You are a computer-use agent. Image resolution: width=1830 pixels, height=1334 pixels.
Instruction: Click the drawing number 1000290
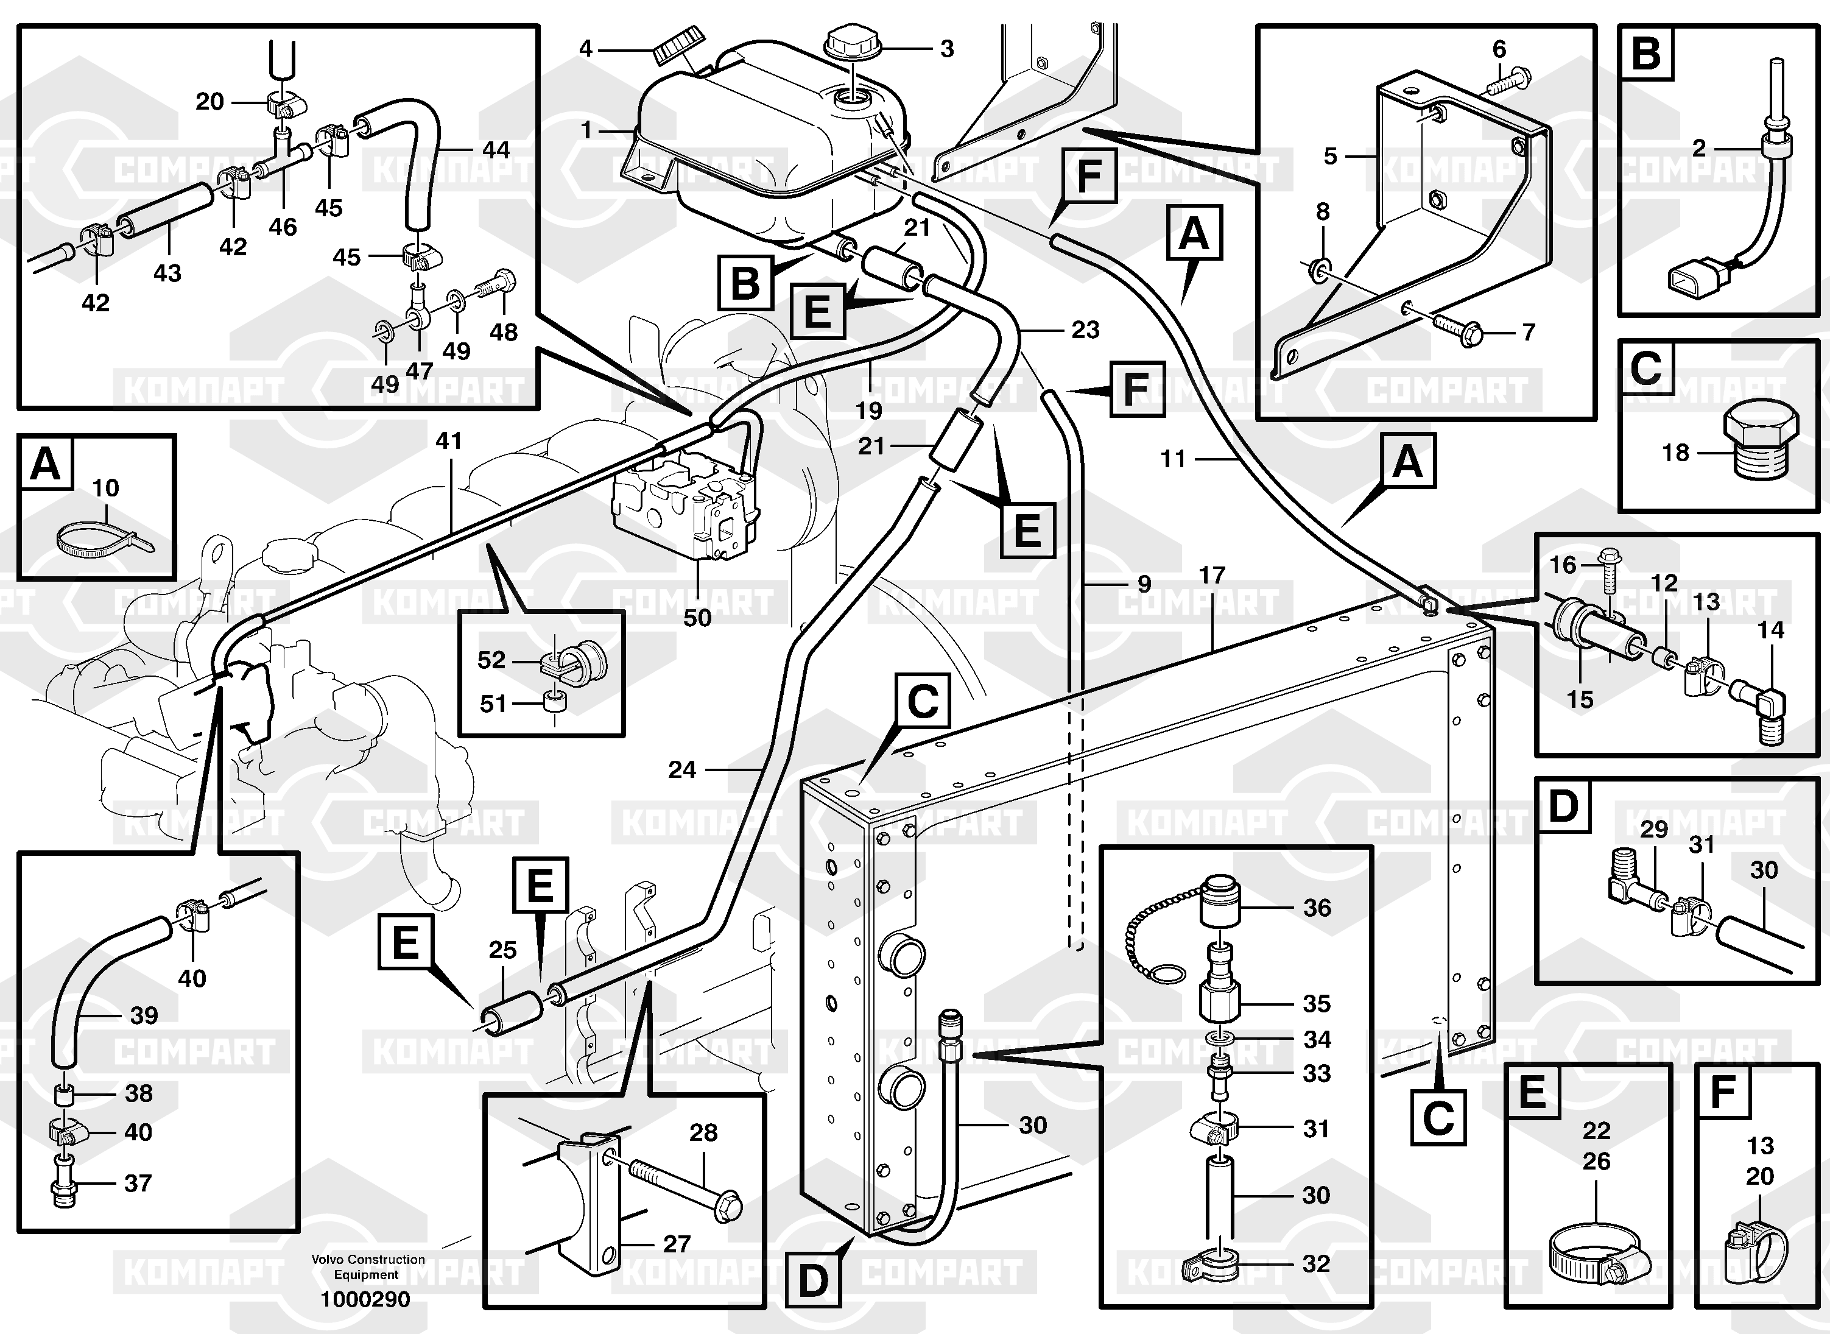365,1299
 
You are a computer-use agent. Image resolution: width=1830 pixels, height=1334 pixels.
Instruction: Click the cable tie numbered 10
105,538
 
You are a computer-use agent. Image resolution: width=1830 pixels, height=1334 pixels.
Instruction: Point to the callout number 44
496,150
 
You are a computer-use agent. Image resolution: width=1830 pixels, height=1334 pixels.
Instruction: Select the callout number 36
1317,908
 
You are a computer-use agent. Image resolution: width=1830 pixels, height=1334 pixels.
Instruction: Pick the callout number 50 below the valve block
697,618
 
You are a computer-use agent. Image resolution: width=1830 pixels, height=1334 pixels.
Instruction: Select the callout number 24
681,769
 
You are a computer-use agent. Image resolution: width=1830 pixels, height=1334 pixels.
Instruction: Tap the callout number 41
449,441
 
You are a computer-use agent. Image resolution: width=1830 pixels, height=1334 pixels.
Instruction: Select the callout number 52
491,660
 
